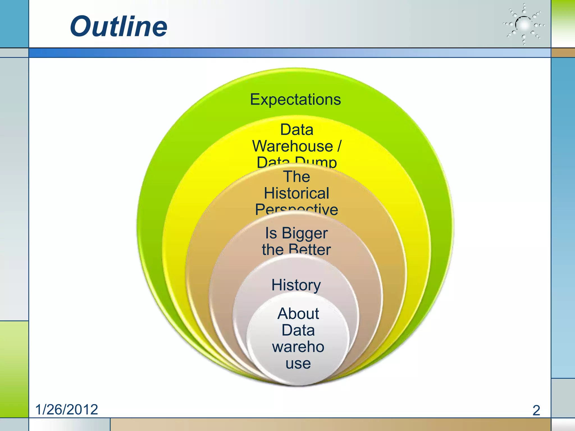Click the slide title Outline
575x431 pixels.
coord(118,26)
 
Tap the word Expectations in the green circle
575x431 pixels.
coord(295,99)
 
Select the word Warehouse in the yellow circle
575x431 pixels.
coord(292,146)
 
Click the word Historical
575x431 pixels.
coord(296,193)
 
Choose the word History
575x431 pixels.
coord(296,285)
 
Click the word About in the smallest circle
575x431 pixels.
coord(298,313)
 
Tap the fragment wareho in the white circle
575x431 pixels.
coord(298,347)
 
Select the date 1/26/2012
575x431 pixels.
coord(67,409)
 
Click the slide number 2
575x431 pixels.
coord(536,410)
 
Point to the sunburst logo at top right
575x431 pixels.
coord(524,25)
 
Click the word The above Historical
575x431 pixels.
coord(297,177)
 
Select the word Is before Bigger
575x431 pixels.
coord(271,233)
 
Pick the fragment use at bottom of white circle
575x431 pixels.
coord(298,364)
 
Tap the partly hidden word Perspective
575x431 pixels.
coord(296,210)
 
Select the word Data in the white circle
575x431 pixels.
coord(298,330)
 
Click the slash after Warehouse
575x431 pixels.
coord(339,146)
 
